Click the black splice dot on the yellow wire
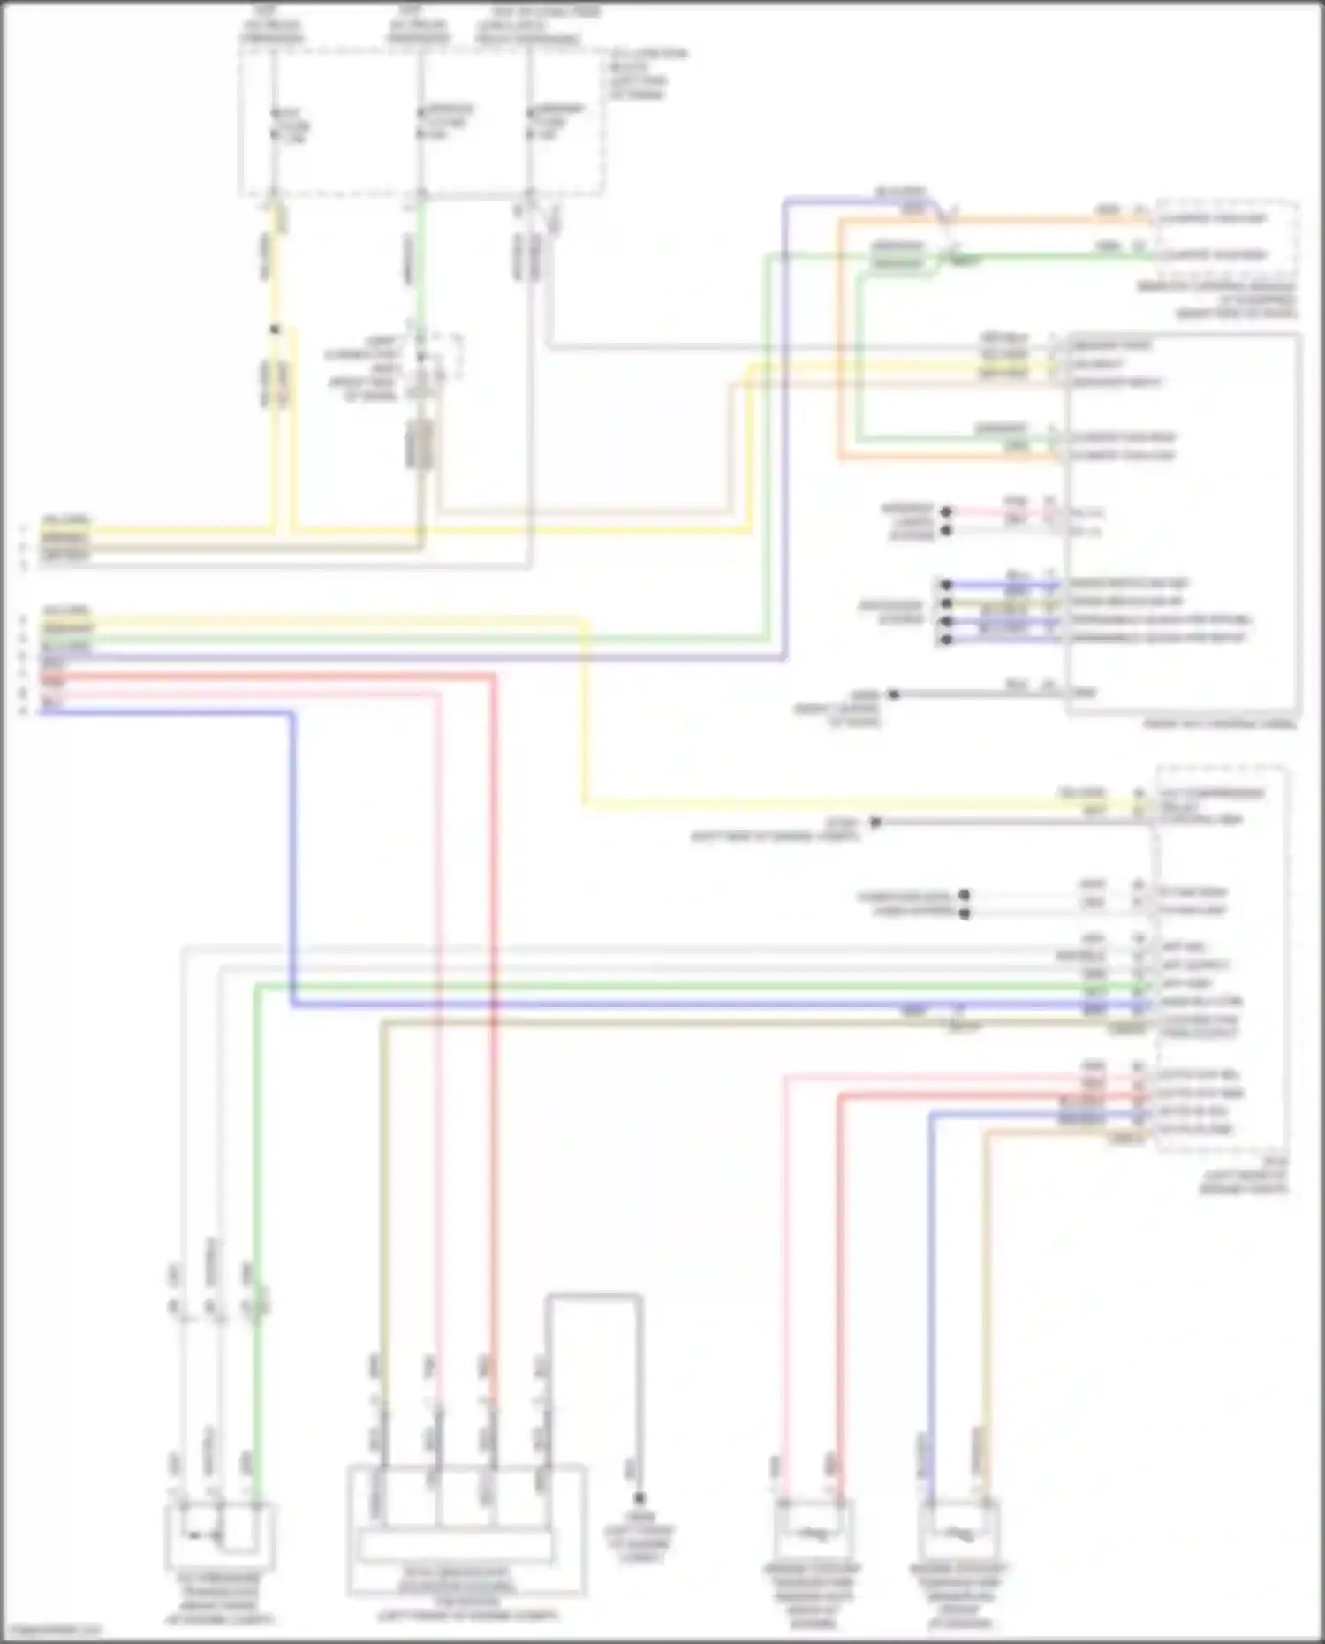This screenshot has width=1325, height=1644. [x=275, y=330]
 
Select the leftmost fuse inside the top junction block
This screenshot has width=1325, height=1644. [x=276, y=125]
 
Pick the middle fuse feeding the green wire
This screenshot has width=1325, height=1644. [x=421, y=123]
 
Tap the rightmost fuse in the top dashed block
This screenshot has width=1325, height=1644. [x=530, y=123]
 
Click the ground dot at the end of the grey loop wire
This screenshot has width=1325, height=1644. [x=639, y=1498]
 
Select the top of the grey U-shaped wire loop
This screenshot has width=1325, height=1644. [x=593, y=1296]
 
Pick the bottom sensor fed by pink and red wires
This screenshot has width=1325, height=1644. [x=812, y=1533]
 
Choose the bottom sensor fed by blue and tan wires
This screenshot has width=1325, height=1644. [x=959, y=1533]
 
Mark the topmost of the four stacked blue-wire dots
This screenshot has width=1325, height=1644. [x=946, y=585]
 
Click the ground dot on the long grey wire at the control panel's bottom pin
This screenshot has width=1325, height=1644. [x=893, y=694]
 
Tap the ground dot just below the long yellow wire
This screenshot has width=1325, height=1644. [x=874, y=822]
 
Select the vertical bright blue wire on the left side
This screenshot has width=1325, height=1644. [x=292, y=857]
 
